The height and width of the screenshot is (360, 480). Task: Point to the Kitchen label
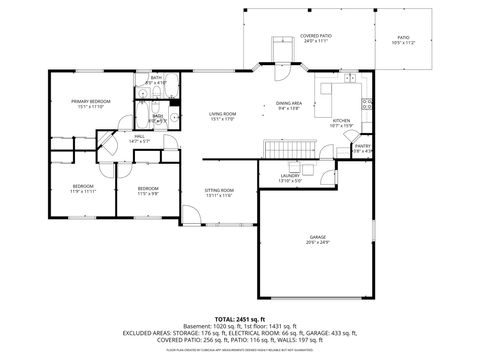pos(341,123)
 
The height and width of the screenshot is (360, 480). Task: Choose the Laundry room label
pos(290,178)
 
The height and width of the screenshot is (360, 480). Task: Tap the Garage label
pos(317,239)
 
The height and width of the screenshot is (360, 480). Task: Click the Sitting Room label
pos(219,192)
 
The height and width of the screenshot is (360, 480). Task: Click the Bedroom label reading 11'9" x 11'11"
pos(82,188)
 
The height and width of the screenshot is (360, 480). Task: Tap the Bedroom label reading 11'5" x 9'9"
pos(148,190)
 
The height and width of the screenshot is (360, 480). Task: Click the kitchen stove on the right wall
pos(367,104)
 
